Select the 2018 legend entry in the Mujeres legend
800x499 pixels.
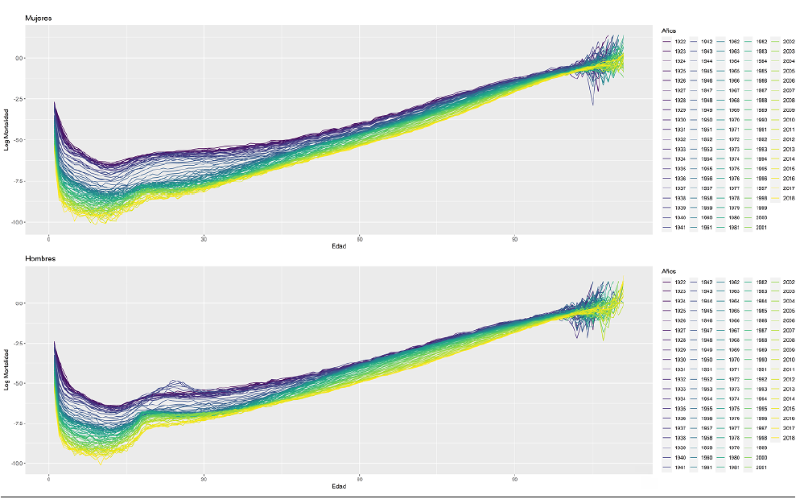point(789,198)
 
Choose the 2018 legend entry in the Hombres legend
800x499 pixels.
point(789,439)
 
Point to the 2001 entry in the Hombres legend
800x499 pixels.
point(761,468)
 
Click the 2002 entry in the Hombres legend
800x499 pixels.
point(789,282)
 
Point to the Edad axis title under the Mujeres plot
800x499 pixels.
point(339,245)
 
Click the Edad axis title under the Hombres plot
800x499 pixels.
point(339,487)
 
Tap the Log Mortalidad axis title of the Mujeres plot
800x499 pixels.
point(7,129)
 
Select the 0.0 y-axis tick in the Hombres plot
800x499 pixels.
point(19,303)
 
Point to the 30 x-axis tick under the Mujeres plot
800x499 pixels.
point(204,238)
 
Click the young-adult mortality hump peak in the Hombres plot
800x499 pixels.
point(173,381)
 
